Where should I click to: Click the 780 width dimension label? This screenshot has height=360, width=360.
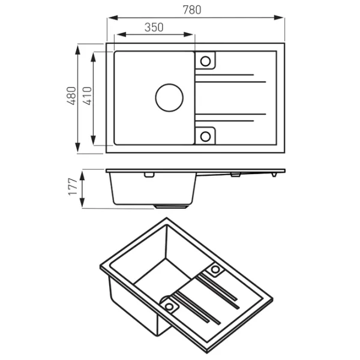pos(192,10)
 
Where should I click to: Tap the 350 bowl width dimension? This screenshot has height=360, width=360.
pos(154,28)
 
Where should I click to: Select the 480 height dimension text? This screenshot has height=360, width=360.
pos(71,96)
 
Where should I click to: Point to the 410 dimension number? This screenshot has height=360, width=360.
pos(87,96)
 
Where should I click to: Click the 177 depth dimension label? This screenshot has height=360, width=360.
pos(73,187)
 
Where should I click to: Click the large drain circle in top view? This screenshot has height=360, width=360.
pos(169,98)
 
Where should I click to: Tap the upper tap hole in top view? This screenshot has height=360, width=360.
pos(205,61)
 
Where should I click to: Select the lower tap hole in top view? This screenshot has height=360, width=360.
pos(205,137)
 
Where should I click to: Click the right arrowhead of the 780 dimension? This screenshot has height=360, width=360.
pos(279,17)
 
